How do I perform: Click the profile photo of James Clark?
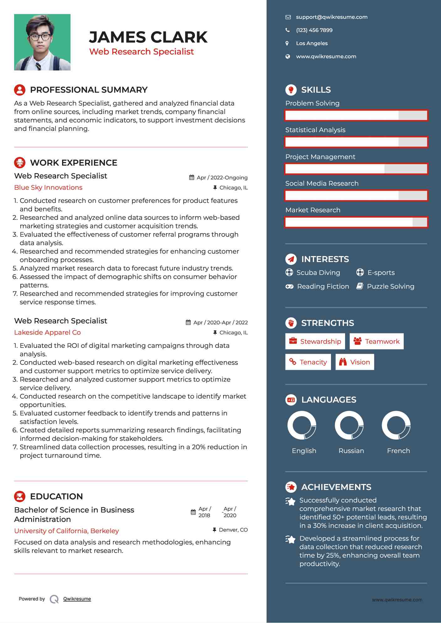pos(42,42)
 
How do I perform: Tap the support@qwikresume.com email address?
pos(332,17)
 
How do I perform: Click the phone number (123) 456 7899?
pos(314,30)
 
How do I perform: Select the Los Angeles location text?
pos(312,44)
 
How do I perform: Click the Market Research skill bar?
pos(356,222)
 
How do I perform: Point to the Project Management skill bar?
pos(356,169)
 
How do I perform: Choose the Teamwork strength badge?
pos(376,341)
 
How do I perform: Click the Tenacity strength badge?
pos(308,362)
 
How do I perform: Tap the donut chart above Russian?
pos(349,425)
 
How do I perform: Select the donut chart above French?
pos(396,425)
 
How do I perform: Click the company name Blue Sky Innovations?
pos(48,188)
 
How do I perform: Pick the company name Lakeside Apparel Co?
pos(47,332)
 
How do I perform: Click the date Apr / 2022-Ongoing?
pos(222,178)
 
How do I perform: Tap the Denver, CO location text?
pos(233,530)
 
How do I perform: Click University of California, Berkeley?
pos(66,531)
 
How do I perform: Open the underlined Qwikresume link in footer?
pos(77,599)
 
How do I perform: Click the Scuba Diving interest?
pos(318,273)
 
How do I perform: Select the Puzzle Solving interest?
pos(390,286)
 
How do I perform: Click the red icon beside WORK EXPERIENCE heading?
pos(20,163)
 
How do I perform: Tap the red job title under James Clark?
pos(141,52)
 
